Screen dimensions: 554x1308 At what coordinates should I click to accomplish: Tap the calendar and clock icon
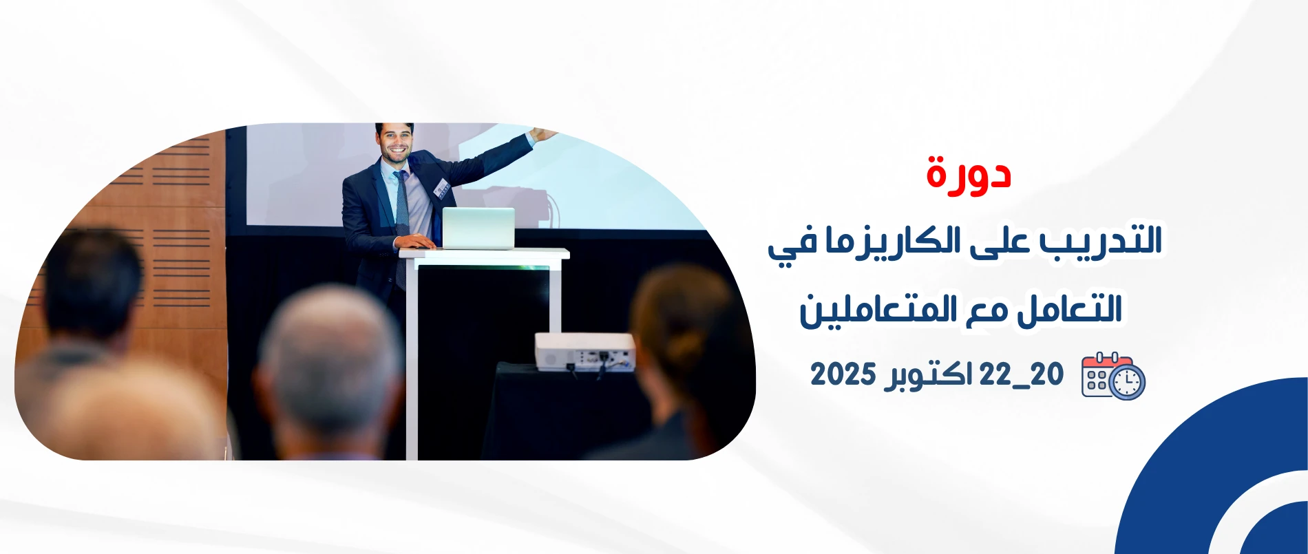[1112, 376]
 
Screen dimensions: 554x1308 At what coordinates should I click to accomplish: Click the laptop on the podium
[478, 228]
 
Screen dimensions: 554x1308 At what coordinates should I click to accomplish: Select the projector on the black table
[585, 352]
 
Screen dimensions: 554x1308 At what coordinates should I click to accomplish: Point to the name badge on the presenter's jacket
[442, 187]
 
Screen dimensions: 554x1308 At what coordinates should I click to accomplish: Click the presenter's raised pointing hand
[544, 134]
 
